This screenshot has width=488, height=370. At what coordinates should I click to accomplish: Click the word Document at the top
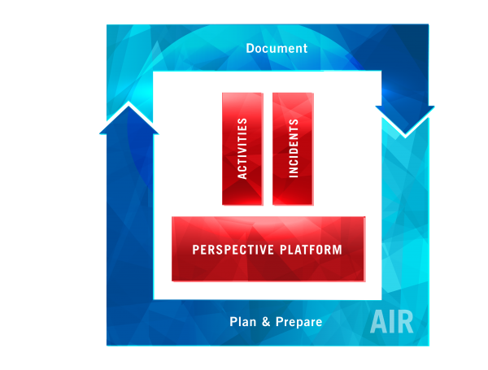pos(277,48)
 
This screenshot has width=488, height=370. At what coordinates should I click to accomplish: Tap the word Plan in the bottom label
pos(242,321)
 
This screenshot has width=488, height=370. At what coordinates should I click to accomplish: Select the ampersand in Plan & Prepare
pos(266,321)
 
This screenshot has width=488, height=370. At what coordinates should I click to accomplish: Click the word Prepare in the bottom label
pos(298,322)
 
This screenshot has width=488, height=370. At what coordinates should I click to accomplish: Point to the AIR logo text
pos(391,322)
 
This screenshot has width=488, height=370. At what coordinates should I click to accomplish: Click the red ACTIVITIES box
pos(242,149)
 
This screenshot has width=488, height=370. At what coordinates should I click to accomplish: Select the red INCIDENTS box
pos(293,149)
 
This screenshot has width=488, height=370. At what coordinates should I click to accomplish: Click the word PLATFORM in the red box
pos(311,250)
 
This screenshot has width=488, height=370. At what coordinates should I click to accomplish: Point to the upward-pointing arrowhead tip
pos(129,102)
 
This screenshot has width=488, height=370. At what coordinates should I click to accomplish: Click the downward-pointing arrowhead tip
pos(405,137)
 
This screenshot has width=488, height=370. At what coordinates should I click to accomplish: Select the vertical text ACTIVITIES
pos(242,149)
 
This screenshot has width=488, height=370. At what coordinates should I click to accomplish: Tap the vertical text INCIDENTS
pos(294,148)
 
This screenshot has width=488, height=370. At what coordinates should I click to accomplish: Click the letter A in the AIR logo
pos(378,322)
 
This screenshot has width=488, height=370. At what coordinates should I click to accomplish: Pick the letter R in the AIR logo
pos(404,322)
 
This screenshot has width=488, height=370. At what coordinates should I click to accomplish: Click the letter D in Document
pos(250,49)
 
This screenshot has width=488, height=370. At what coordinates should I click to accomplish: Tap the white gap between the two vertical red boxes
pos(268,149)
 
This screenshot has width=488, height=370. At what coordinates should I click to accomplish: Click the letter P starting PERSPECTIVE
pos(195,250)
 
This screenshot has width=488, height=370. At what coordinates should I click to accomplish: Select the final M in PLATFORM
pos(338,250)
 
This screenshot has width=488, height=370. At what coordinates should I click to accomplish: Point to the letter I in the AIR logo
pos(391,322)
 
